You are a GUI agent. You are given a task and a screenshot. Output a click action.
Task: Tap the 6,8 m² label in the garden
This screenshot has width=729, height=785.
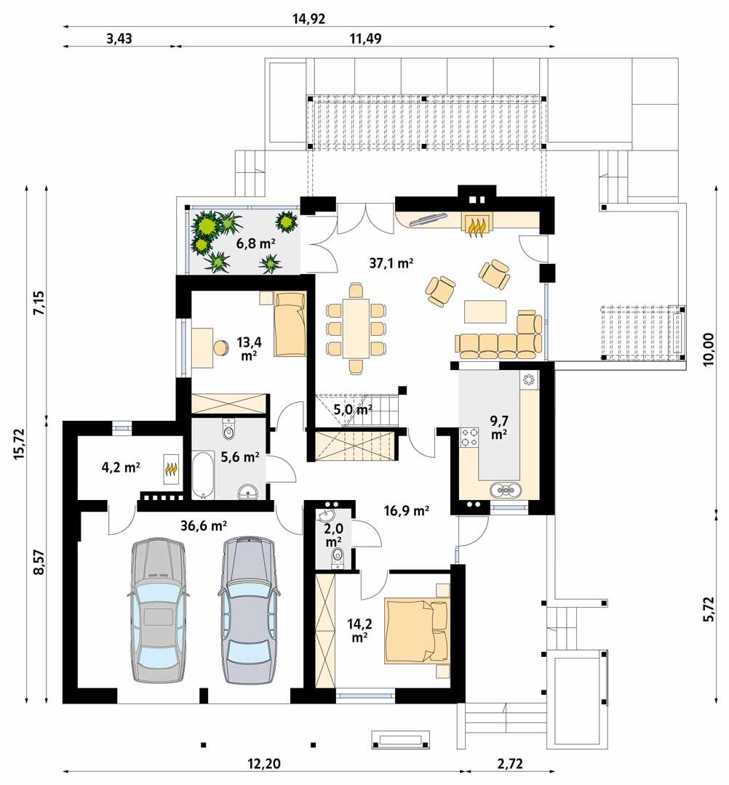pyautogui.click(x=255, y=243)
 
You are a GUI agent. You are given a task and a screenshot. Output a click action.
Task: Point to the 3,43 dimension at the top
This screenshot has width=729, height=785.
pyautogui.click(x=119, y=38)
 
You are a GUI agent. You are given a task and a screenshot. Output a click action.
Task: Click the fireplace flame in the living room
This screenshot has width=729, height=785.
pyautogui.click(x=477, y=225)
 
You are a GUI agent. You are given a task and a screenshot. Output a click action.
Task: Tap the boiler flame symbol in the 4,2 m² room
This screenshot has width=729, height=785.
pyautogui.click(x=171, y=473)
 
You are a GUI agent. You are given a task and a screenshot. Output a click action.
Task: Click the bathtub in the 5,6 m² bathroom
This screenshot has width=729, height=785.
pyautogui.click(x=203, y=475)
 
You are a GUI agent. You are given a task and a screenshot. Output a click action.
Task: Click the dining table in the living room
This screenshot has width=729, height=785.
pyautogui.click(x=356, y=329)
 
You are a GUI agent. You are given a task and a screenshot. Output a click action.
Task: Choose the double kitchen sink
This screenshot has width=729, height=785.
pyautogui.click(x=507, y=490)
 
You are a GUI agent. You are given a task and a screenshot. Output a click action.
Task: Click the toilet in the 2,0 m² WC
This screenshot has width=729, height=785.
pyautogui.click(x=338, y=557)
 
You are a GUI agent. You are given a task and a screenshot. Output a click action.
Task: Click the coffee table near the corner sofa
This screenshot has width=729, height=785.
pyautogui.click(x=485, y=312)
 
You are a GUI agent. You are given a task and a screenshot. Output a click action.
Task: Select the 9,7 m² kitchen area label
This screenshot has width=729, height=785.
pyautogui.click(x=498, y=427)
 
